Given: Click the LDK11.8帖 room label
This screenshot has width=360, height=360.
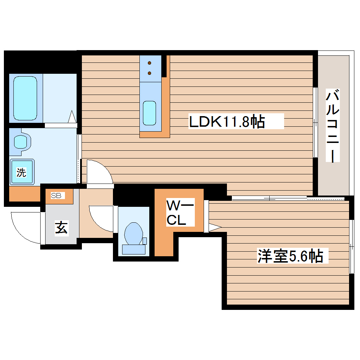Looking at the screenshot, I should click(x=227, y=122).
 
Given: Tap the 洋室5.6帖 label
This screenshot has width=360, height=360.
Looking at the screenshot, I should click(x=290, y=256).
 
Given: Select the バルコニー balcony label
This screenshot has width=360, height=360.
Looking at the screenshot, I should click(x=332, y=126).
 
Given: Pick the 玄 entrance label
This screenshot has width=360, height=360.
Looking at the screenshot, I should click(x=61, y=228).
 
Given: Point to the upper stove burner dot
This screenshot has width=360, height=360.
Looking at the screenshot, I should click(x=150, y=64).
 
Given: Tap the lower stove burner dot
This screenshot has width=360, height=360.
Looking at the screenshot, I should click(x=150, y=73).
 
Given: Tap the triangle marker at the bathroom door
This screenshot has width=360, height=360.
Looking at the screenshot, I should click(x=72, y=116).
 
